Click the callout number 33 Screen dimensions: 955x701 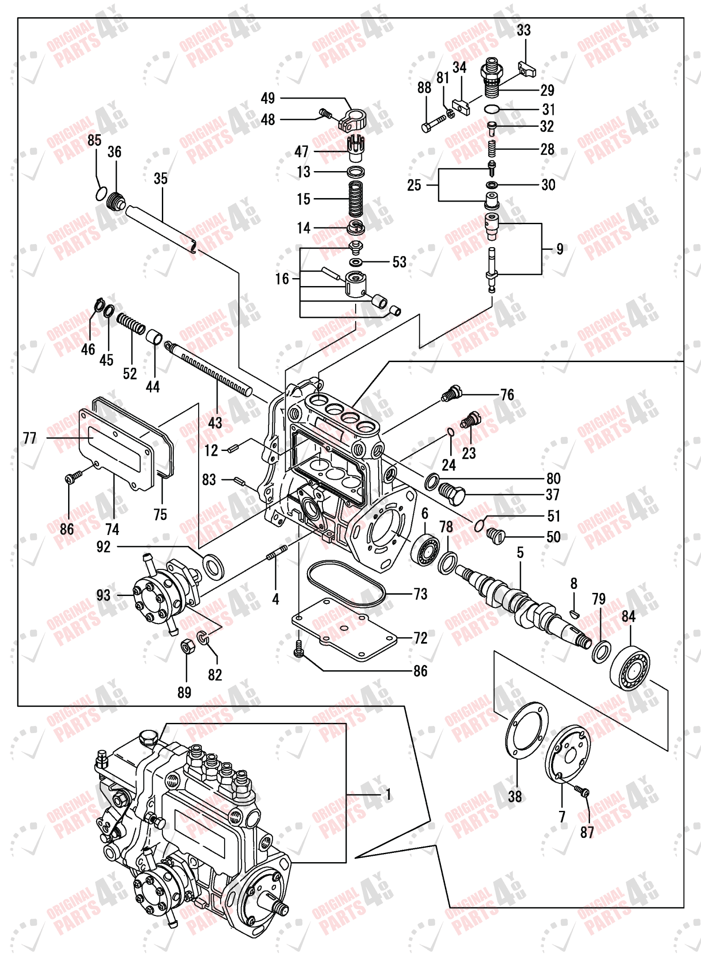coord(524,31)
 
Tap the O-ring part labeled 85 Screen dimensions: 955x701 coord(101,193)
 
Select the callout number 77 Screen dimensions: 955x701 coord(30,438)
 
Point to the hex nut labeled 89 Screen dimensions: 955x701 coord(186,647)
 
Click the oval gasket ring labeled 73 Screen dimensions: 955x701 coord(346,584)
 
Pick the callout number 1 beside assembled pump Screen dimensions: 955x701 coord(388,795)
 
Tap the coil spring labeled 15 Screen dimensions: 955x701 coord(356,199)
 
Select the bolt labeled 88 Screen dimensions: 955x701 coord(434,124)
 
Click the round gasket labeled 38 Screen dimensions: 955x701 coord(526,730)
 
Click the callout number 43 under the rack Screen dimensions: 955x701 coord(215,423)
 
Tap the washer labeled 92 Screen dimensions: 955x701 coord(213,565)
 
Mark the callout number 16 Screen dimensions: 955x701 coord(282,279)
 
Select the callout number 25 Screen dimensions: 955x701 coord(414,185)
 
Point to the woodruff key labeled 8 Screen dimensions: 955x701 coord(574,613)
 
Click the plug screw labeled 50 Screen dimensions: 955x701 coord(495,536)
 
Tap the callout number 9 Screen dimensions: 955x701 coord(560,249)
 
